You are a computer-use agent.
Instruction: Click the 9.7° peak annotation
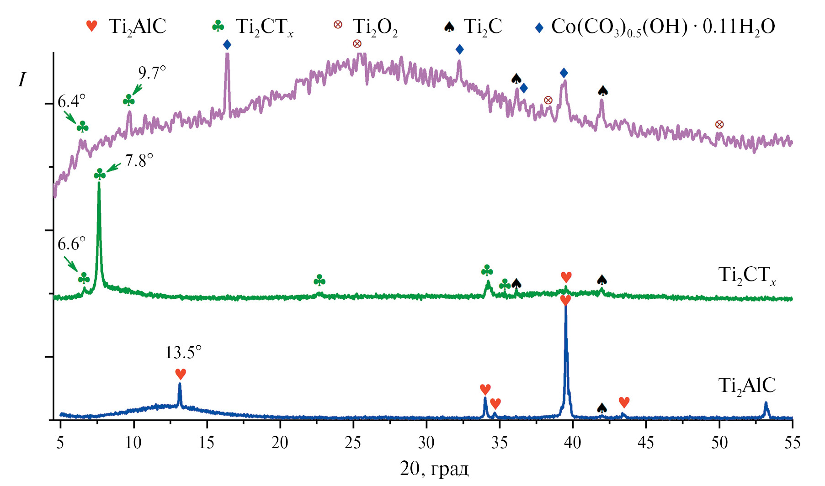pos(152,73)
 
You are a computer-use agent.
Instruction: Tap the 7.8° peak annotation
pos(139,161)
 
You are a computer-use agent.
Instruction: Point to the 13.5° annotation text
pos(183,353)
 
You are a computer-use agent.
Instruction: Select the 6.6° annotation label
pos(71,244)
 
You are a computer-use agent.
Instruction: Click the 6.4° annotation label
pos(71,101)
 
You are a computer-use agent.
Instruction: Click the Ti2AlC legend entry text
pos(137,26)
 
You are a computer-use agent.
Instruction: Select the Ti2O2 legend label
pos(375,27)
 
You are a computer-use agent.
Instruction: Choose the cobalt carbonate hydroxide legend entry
pos(663,27)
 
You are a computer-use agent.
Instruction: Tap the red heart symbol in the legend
pos(92,26)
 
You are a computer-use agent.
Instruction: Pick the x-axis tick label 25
pos(353,443)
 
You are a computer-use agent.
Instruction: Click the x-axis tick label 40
pos(573,443)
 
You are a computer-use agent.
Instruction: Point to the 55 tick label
pos(792,443)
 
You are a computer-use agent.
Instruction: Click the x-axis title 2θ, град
pos(434,469)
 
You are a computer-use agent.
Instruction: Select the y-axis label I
pos(22,80)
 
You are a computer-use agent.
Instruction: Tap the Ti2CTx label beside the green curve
pos(747,275)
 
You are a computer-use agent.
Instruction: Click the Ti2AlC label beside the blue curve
pos(747,386)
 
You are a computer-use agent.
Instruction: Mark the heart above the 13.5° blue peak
pos(181,374)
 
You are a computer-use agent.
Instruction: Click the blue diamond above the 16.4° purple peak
pos(227,45)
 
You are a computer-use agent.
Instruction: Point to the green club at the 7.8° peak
pos(100,174)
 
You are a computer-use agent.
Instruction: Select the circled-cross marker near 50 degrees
pos(719,124)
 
